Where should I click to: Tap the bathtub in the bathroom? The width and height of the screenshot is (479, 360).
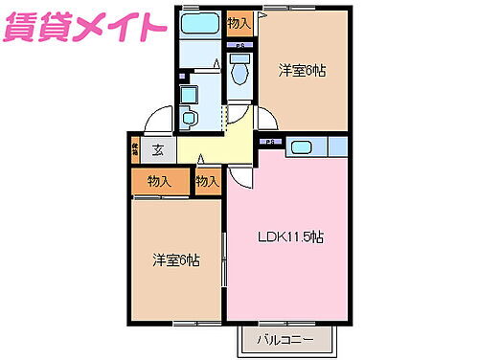[x=199, y=24]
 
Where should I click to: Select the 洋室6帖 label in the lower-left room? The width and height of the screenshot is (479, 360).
[x=176, y=259]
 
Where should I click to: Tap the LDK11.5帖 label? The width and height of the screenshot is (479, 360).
[x=287, y=237]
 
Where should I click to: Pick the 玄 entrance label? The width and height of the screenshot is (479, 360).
[x=159, y=149]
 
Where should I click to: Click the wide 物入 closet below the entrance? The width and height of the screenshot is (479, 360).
[x=159, y=181]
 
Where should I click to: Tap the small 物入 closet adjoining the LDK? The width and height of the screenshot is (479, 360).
[x=208, y=181]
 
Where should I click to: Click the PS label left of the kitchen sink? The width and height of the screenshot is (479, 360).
[x=270, y=143]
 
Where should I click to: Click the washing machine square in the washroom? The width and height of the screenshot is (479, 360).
[x=189, y=95]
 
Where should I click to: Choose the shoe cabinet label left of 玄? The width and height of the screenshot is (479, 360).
[x=136, y=149]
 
